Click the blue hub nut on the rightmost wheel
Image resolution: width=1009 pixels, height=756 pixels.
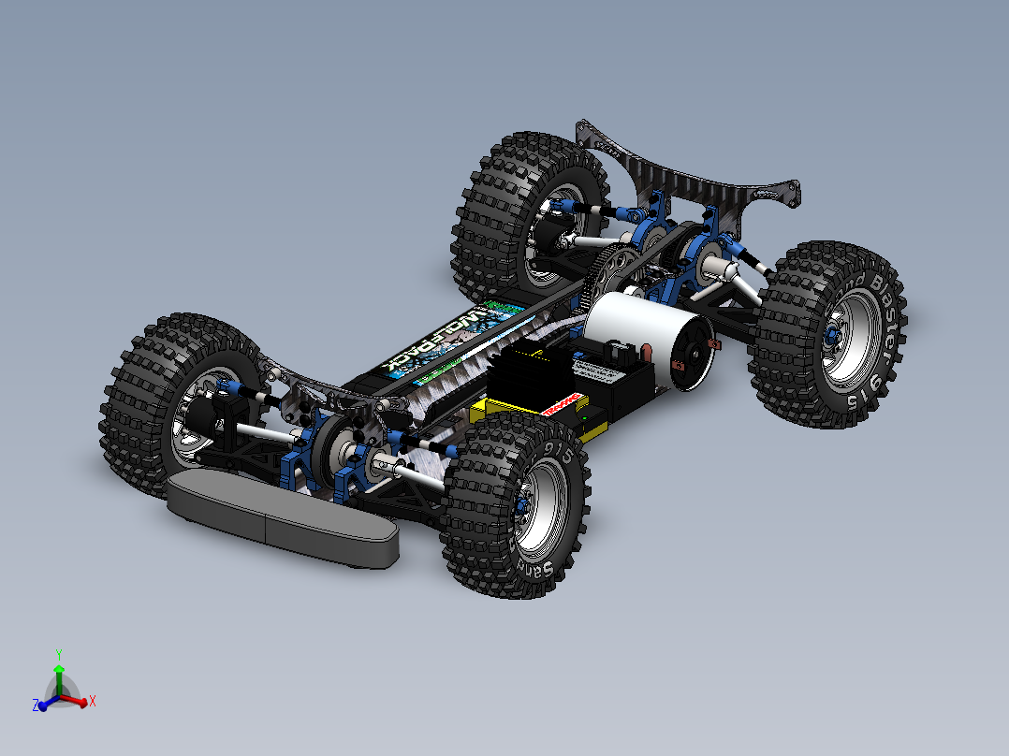coord(831,333)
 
